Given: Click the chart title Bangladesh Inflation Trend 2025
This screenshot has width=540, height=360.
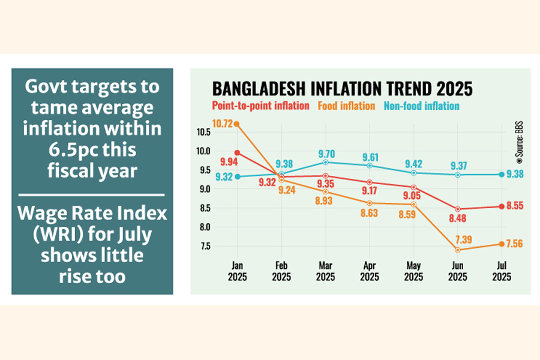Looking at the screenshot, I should point(342,89).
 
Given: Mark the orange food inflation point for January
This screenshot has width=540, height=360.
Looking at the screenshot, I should point(237,124).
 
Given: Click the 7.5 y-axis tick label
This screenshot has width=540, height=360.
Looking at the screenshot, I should point(205,246).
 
